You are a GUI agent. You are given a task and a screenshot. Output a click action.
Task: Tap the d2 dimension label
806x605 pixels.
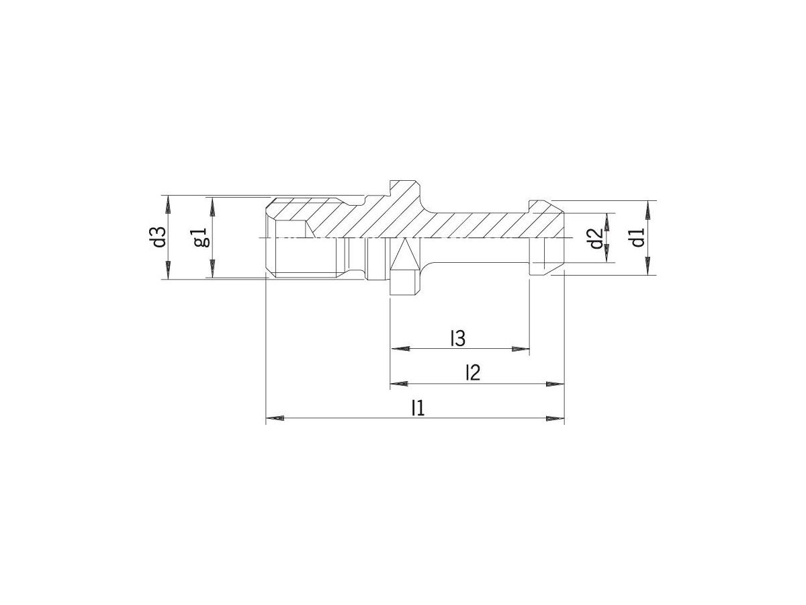(594, 238)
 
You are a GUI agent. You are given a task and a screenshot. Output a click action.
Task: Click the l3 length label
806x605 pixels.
(458, 339)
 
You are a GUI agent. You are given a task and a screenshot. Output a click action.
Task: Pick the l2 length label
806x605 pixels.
(473, 372)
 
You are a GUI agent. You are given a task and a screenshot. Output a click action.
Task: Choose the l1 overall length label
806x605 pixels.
(418, 408)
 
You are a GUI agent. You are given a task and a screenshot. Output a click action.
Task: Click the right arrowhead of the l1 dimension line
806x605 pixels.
(555, 419)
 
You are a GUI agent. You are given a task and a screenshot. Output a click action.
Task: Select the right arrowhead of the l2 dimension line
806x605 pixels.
(555, 384)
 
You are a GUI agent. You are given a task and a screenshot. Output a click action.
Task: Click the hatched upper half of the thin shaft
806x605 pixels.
(477, 225)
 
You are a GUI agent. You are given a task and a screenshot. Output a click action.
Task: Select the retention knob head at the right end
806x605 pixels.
(547, 238)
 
